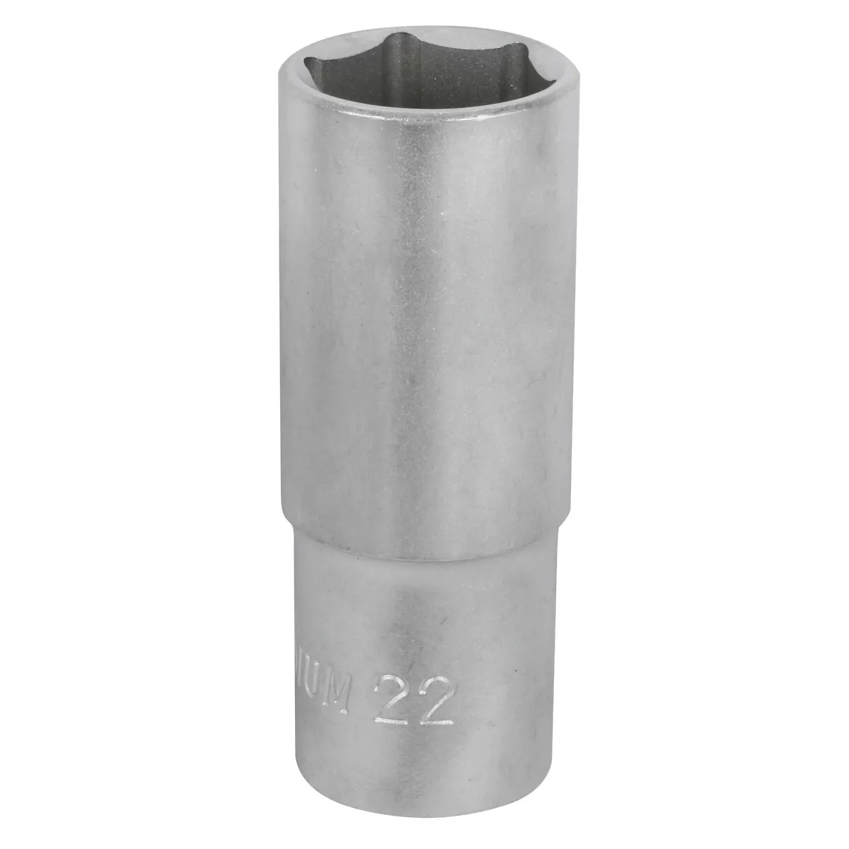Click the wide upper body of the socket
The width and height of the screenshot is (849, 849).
tap(424, 318)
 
